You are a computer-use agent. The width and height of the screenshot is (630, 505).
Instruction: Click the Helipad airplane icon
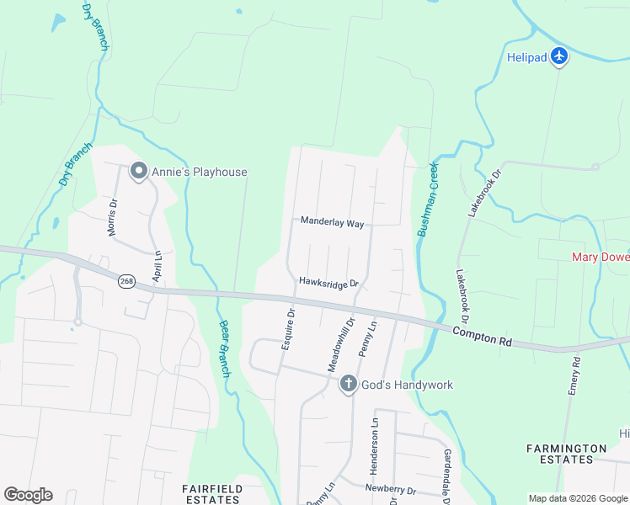click(560, 57)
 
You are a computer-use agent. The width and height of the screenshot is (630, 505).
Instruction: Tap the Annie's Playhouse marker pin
click(139, 172)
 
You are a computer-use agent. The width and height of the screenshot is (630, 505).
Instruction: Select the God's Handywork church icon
click(347, 385)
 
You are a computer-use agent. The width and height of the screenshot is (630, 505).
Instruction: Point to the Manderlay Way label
click(333, 223)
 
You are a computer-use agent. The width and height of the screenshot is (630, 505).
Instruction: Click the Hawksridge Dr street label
click(328, 284)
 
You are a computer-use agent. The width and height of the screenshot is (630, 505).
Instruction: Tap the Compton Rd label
click(481, 335)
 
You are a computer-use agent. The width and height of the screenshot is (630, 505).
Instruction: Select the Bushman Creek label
click(428, 199)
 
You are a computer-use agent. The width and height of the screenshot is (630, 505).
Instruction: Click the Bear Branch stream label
click(224, 348)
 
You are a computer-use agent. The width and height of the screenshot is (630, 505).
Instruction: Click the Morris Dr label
click(112, 217)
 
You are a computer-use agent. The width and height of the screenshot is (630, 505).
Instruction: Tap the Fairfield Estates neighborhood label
click(212, 494)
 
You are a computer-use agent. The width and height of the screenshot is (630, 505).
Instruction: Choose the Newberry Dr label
click(390, 489)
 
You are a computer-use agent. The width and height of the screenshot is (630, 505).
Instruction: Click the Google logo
click(28, 495)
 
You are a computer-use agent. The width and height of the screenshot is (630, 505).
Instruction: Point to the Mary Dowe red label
click(601, 257)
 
